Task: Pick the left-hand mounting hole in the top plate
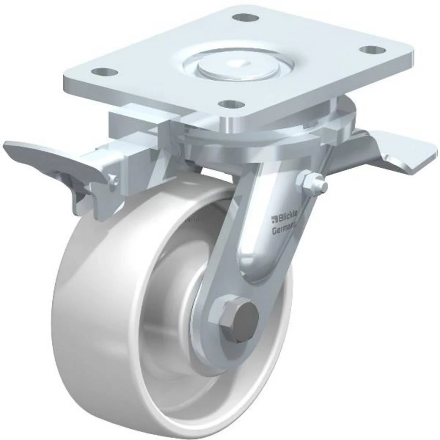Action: tap(105, 71)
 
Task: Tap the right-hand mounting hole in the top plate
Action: tap(373, 50)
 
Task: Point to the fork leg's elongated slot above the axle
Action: tap(260, 246)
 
